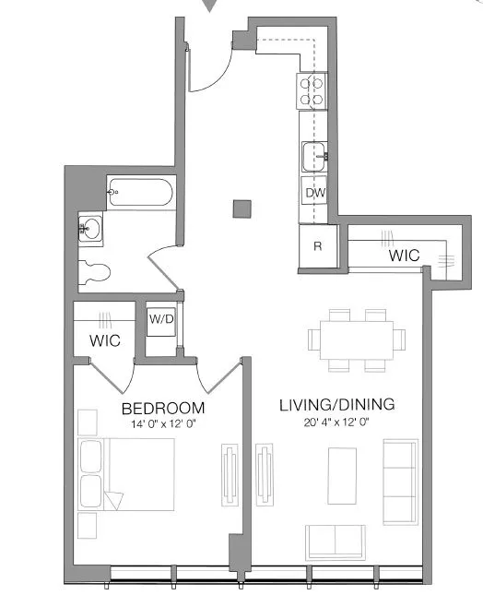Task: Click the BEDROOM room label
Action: [x=163, y=408]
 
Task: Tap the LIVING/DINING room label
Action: [x=337, y=404]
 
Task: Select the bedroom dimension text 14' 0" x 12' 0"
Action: [x=163, y=425]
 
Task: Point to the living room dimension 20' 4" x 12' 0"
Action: [x=337, y=423]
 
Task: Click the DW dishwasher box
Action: [x=314, y=193]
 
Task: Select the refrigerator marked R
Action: [x=317, y=246]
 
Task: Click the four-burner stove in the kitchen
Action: [x=312, y=89]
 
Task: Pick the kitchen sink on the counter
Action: [x=314, y=156]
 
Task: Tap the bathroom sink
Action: [x=90, y=226]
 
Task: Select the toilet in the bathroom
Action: [x=95, y=271]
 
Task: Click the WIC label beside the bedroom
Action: [x=105, y=339]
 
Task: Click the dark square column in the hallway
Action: [x=241, y=208]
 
